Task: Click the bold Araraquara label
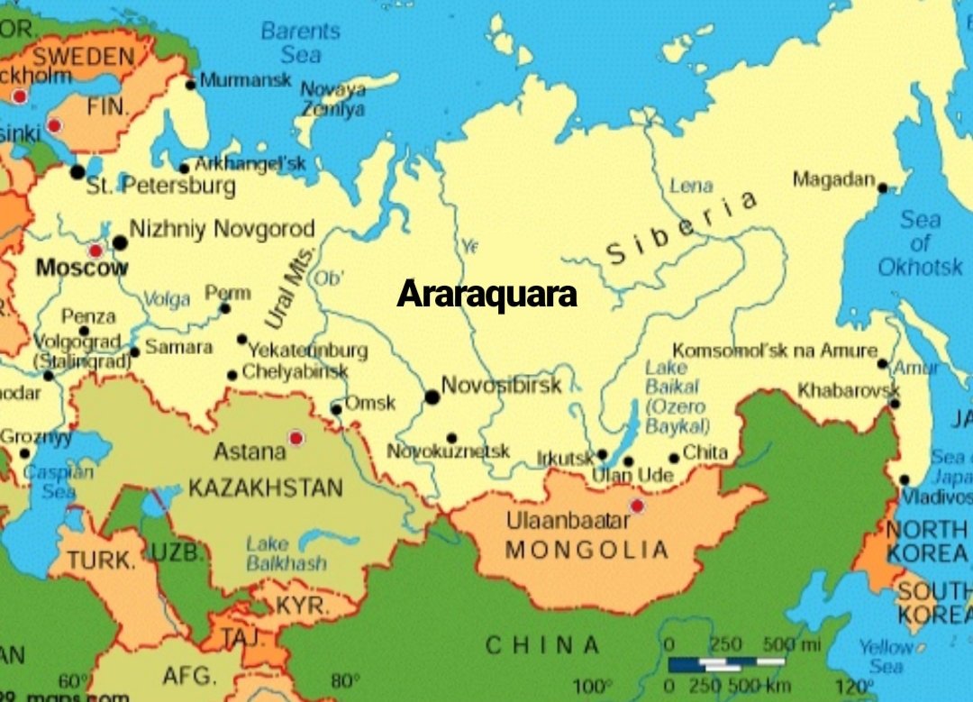coord(486,294)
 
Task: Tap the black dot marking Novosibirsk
coord(432,397)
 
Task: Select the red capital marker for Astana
coord(296,438)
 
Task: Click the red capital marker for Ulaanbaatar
coord(638,506)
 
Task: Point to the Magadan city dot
coord(883,188)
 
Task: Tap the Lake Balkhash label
coord(286,553)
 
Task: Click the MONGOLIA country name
coord(587,550)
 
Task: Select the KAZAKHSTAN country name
coord(266,488)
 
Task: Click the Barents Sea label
coord(300,42)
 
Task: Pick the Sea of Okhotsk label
coord(920,243)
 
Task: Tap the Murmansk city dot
coord(190,85)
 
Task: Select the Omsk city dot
coord(336,409)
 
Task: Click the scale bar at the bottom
coord(725,665)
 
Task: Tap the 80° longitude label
coord(344,680)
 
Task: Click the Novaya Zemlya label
coord(332,99)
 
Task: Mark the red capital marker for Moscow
coord(95,251)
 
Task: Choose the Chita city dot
coord(674,458)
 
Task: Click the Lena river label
coord(691,187)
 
